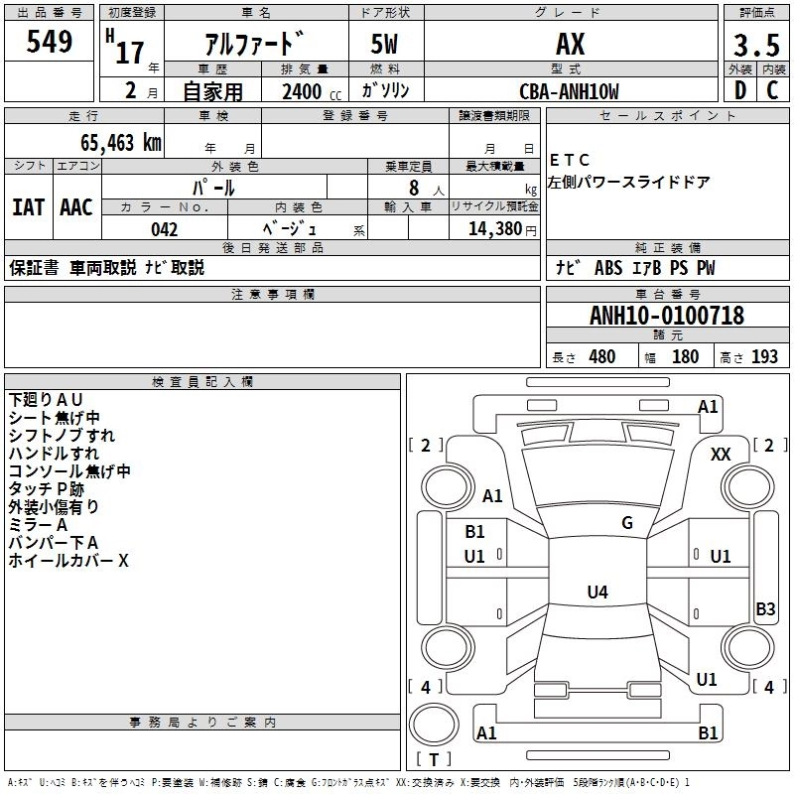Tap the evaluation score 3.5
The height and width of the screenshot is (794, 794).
tap(755, 45)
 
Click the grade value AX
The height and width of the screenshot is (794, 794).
tap(570, 44)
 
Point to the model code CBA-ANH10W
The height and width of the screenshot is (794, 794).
tap(570, 91)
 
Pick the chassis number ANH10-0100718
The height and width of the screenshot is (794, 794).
tap(666, 317)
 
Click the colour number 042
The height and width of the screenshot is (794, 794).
tap(165, 229)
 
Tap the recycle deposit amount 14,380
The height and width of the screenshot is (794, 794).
tap(490, 229)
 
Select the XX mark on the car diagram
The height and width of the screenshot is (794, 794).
tap(721, 454)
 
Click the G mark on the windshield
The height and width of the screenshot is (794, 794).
tap(626, 523)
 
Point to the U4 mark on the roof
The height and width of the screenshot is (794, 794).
tap(596, 593)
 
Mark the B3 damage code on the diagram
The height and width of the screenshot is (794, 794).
tap(765, 609)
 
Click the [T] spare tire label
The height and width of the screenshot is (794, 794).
tap(433, 760)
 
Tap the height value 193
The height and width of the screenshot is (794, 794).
tap(764, 357)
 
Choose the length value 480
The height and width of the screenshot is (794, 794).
tap(601, 357)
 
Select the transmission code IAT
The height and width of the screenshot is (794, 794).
tap(28, 207)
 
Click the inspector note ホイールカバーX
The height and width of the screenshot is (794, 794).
tap(68, 561)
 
